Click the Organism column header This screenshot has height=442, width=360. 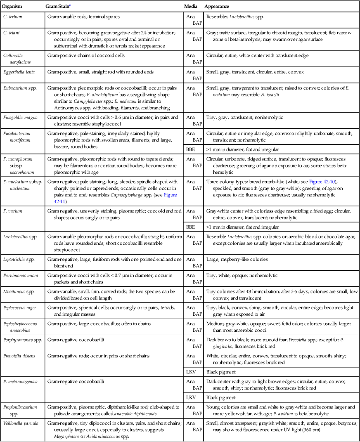pyautogui.click(x=14, y=7)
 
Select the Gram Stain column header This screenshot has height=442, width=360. pyautogui.click(x=58, y=7)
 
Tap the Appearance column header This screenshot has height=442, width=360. pyautogui.click(x=217, y=7)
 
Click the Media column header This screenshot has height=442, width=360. pyautogui.click(x=190, y=7)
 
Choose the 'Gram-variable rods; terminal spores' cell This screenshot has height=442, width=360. pyautogui.click(x=88, y=17)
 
